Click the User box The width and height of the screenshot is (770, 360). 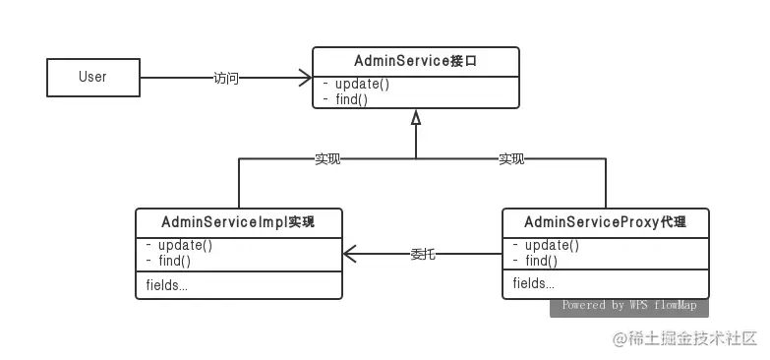(92, 77)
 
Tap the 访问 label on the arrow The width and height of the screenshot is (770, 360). (226, 78)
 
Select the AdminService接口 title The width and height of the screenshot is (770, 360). (416, 61)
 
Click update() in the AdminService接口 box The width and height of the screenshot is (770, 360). (356, 84)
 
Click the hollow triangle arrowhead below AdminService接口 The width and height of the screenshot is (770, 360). (416, 117)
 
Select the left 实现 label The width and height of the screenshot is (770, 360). (327, 159)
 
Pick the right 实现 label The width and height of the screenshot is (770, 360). (511, 159)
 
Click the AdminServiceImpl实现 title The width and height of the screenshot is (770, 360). (238, 222)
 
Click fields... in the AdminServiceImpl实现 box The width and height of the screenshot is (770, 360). (166, 285)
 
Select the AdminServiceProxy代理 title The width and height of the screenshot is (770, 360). (605, 222)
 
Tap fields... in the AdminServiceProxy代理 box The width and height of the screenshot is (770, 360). (533, 284)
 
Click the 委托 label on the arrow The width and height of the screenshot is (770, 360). (423, 254)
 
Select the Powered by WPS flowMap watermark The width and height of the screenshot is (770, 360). (628, 306)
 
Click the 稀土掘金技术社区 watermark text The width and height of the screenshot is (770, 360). (693, 338)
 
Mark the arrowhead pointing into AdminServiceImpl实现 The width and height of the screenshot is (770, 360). (350, 254)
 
